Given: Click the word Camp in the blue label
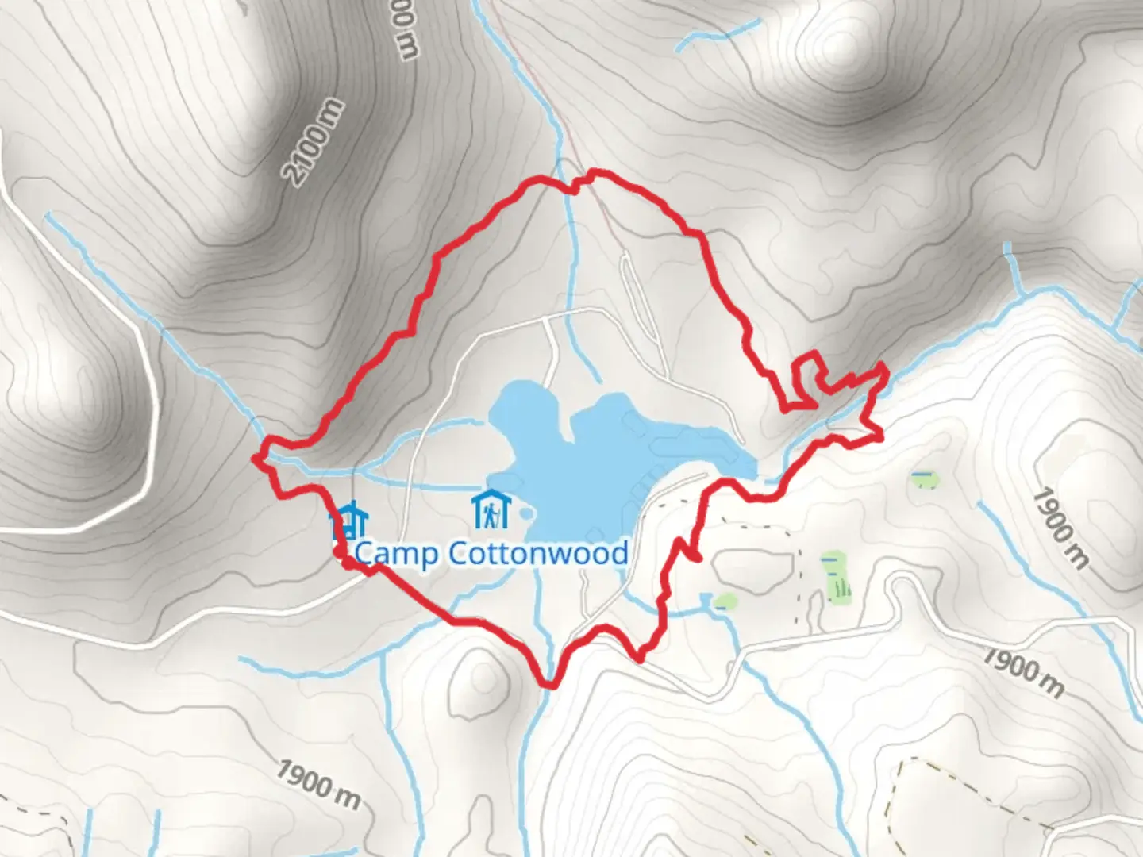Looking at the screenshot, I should pyautogui.click(x=394, y=554).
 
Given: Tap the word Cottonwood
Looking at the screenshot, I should pyautogui.click(x=538, y=553).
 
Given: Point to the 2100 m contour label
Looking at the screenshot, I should pyautogui.click(x=315, y=143).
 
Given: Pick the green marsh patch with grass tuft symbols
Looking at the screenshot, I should pyautogui.click(x=836, y=577).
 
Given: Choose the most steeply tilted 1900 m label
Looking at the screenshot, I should pyautogui.click(x=1060, y=528).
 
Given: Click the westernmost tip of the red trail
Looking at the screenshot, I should pyautogui.click(x=255, y=458).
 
